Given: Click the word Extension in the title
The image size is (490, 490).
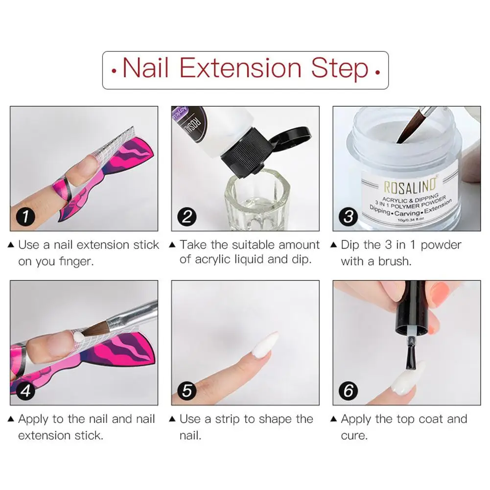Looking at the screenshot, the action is coord(240,68).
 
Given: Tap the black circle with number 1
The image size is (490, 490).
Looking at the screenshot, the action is coord(25,216).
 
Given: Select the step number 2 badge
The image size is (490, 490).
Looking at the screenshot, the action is coord(187,216).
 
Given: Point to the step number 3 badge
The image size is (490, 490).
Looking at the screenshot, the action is coord(348,216).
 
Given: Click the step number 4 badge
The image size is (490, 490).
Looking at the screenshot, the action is coord(25,391).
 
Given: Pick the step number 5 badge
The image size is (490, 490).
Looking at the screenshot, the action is coord(187,391).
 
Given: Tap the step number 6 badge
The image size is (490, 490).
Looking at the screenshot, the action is coord(348,391).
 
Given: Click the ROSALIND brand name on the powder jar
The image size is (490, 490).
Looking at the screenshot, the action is coord(410,186).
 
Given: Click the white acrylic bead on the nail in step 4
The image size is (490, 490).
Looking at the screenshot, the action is coord(78,337).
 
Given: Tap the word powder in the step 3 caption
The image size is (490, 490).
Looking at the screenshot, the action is coord(441,245).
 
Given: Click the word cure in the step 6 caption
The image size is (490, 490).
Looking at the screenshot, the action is coord(354,436).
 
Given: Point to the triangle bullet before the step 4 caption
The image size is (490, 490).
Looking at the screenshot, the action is coord(11,419).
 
